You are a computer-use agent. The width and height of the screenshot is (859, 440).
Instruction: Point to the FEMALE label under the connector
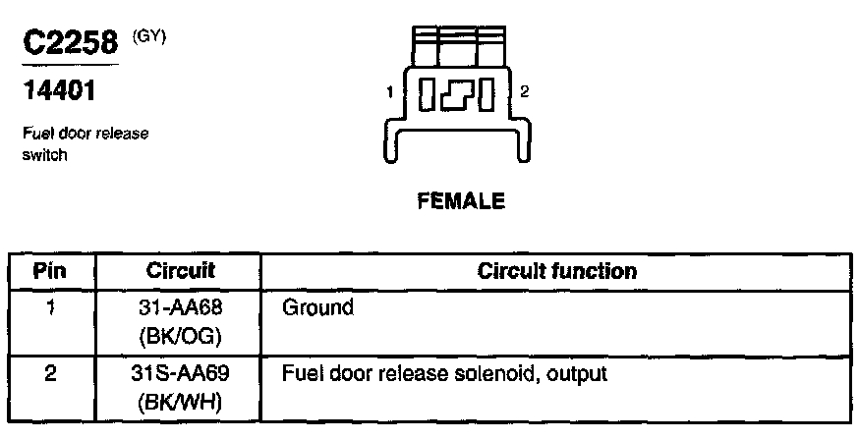coord(461,202)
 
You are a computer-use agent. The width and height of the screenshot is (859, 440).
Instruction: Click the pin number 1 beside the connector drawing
coord(390,93)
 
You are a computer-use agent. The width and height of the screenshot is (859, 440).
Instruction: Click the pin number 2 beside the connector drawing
coord(525,92)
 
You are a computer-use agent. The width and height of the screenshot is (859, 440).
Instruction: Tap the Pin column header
coord(50,271)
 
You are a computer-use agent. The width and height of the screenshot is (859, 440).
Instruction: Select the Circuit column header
coord(180,271)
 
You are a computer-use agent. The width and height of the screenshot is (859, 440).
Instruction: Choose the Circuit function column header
coord(556,271)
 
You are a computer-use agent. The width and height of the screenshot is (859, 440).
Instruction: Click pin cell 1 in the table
coord(50,307)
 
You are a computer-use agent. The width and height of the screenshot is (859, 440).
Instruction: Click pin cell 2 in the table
coord(50,374)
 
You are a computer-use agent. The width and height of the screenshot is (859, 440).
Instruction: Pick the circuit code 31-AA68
coord(180,307)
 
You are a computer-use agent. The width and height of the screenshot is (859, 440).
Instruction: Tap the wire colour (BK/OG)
coord(180,336)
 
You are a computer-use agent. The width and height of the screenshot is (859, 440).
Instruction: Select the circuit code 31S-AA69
coord(180,374)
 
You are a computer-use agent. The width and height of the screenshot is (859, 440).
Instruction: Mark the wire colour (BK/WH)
coord(180,403)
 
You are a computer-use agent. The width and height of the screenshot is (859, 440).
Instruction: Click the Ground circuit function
coord(317,307)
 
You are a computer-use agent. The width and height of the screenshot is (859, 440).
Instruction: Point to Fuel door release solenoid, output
coord(444,374)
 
